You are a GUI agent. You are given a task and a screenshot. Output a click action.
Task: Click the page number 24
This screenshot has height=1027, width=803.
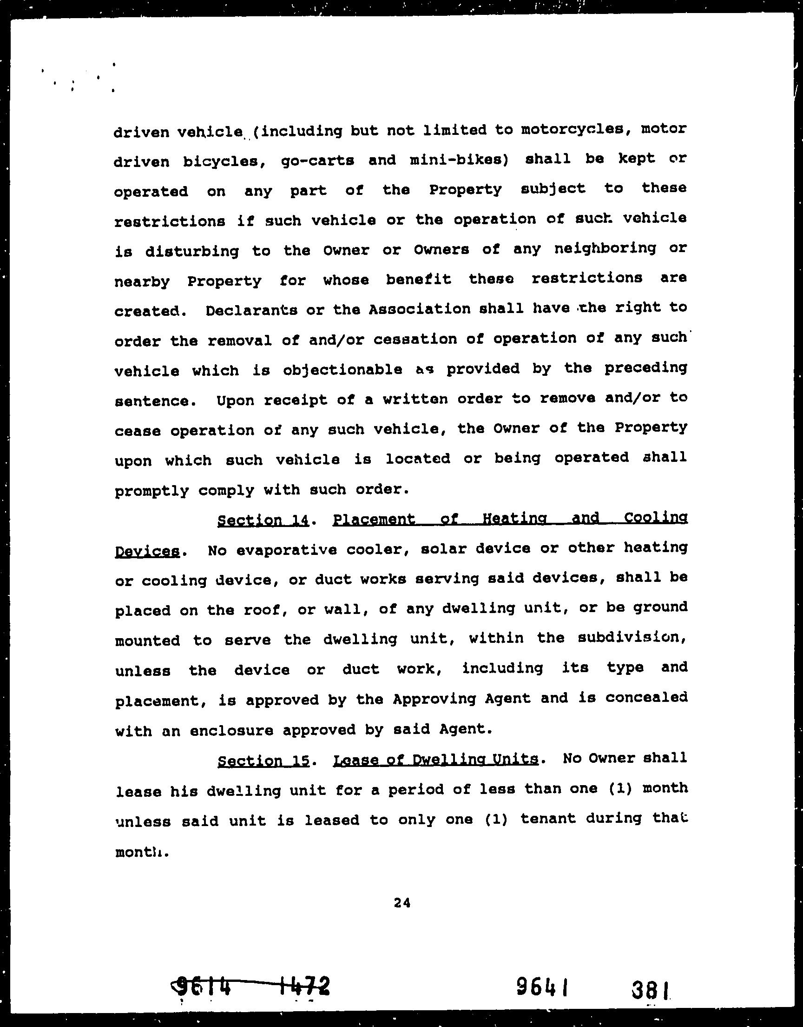click(x=402, y=903)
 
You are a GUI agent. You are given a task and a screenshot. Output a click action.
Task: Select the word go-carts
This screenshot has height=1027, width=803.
click(x=317, y=160)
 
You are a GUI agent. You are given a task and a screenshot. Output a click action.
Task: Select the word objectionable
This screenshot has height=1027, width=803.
click(x=342, y=370)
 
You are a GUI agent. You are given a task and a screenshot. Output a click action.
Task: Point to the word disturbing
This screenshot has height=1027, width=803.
click(x=192, y=252)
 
